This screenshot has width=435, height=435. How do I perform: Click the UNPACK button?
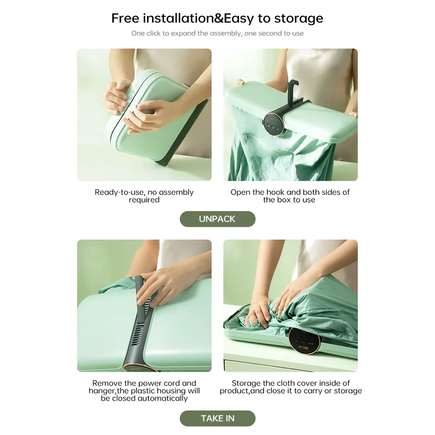click(217, 219)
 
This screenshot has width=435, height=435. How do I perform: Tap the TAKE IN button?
click(217, 418)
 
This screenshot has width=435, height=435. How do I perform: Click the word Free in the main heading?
click(125, 18)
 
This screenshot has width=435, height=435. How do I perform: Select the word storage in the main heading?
click(298, 18)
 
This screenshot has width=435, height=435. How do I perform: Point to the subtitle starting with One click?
click(217, 33)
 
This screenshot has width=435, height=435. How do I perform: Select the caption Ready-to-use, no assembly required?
click(144, 196)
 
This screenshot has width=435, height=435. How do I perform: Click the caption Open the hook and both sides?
click(290, 196)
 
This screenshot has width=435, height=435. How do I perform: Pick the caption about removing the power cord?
click(144, 391)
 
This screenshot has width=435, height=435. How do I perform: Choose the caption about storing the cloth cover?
click(291, 387)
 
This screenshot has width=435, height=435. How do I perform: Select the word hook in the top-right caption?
click(276, 192)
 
